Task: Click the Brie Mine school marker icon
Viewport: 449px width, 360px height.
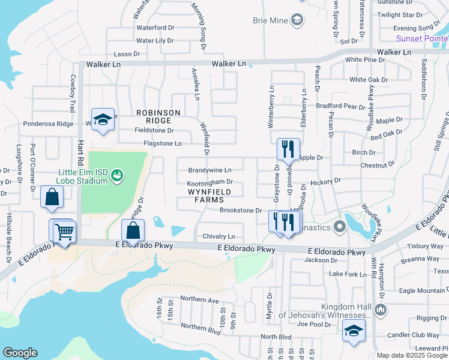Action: pos(297,21)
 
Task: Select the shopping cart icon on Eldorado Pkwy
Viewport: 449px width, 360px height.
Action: pos(64,231)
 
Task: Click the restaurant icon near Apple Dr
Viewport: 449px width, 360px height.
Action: pos(288,148)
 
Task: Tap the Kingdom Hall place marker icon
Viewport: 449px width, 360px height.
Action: pos(379,310)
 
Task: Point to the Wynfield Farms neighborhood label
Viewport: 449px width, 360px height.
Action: pos(209,196)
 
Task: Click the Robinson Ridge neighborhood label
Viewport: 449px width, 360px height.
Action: pos(158,116)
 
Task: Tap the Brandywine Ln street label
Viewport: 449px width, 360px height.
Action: pos(210,170)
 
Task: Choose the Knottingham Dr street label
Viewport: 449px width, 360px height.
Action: pos(209,182)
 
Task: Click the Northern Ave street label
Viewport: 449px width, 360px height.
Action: pos(200,299)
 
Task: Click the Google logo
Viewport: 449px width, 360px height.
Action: pos(20,353)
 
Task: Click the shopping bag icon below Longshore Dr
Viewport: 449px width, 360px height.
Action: pos(52,197)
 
